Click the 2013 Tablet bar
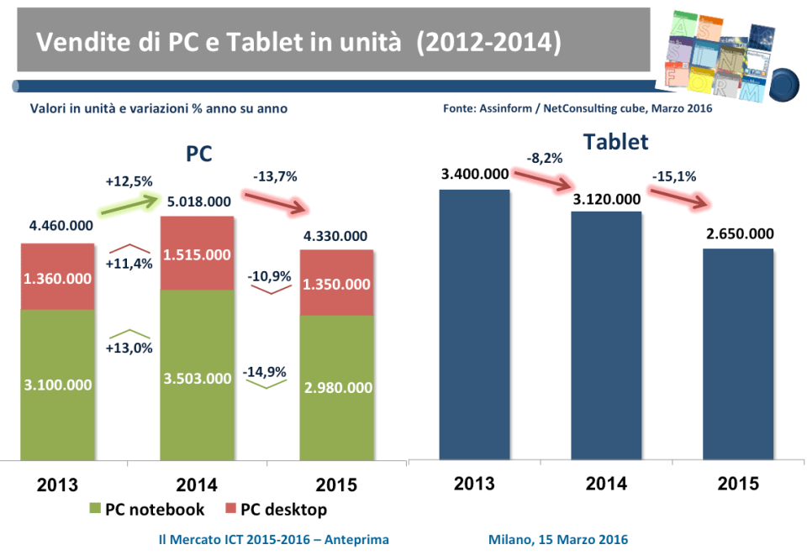pos(474,324)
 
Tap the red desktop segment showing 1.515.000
pos(198,253)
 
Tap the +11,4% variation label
pos(129,264)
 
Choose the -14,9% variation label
pos(264,372)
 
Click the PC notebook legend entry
pos(146,509)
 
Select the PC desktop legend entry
pos(274,509)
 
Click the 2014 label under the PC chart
pos(198,484)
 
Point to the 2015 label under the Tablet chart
pos(737,484)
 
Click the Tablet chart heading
pos(615,142)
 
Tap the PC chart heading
pos(198,154)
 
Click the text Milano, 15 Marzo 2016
pos(557,538)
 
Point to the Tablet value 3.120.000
pos(607,199)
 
